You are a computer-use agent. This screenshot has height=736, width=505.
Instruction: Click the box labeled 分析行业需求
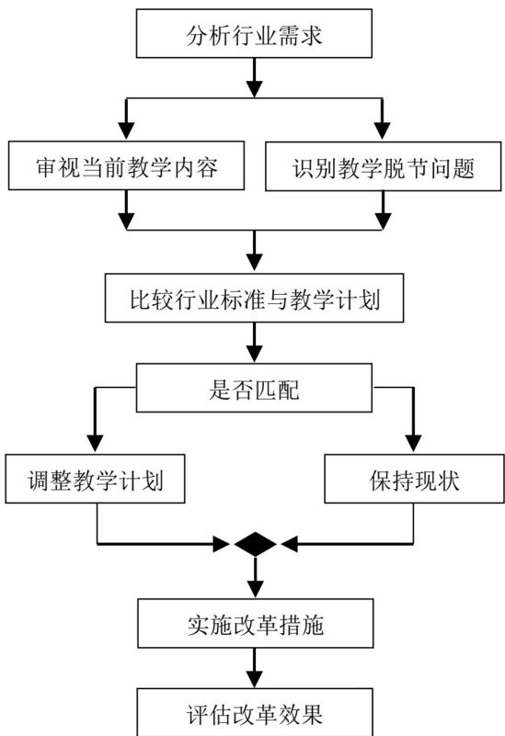[x=254, y=33]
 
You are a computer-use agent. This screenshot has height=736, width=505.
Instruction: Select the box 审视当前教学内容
[x=126, y=165]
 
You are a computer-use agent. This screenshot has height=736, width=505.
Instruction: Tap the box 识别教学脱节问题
[x=384, y=166]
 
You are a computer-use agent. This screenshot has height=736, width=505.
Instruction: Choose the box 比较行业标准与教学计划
[x=254, y=298]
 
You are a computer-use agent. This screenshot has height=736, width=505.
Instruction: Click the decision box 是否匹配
[x=254, y=388]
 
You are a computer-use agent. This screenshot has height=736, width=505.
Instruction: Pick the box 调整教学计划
[x=95, y=479]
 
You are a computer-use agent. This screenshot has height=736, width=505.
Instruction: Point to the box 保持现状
[x=414, y=479]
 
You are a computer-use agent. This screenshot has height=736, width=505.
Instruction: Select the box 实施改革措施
[x=256, y=623]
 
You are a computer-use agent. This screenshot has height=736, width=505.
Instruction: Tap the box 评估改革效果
[x=255, y=712]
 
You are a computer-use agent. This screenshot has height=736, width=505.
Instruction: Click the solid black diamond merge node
[x=255, y=545]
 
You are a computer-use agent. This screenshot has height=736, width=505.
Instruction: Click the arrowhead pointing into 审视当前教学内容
[x=126, y=131]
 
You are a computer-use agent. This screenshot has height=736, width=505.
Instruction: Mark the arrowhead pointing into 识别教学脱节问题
[x=382, y=131]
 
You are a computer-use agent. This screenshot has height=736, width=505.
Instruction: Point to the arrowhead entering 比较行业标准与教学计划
[x=254, y=263]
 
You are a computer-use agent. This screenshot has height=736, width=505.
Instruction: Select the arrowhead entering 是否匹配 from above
[x=254, y=353]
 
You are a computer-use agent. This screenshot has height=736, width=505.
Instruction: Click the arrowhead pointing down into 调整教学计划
[x=95, y=444]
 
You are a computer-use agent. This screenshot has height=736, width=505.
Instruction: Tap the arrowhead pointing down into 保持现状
[x=413, y=444]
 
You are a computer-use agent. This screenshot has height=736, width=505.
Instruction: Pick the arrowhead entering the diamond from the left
[x=222, y=545]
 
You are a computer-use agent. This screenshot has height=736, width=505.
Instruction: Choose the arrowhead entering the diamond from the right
[x=290, y=545]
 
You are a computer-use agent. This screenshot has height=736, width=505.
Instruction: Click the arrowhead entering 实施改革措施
[x=255, y=589]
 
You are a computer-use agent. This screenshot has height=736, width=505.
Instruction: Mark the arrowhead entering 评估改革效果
[x=255, y=678]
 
